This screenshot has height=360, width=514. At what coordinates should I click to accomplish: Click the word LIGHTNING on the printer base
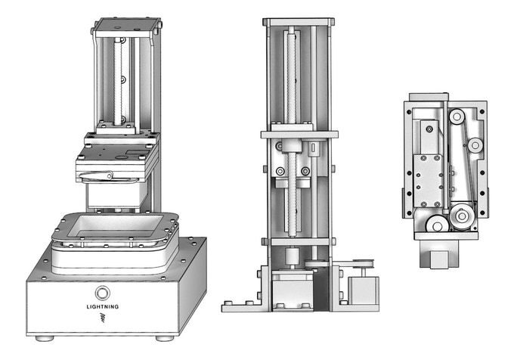pos(103,307)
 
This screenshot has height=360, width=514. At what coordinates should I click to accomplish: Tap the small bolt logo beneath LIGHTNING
pos(103,318)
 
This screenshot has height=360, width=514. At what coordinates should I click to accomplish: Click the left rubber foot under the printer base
pos(45,338)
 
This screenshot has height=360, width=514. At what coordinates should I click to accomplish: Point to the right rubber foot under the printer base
pos(165,338)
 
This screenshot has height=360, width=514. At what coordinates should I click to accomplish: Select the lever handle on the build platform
pos(96,176)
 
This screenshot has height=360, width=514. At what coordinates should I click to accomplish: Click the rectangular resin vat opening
pos(116,226)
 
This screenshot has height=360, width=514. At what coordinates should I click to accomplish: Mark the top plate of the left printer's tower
pos(125,25)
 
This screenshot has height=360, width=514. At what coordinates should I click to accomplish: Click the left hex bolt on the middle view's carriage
pos(280,171)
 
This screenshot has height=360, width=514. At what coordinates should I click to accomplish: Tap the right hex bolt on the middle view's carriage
pos(305,171)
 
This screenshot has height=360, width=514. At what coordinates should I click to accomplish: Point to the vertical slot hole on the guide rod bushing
pos(314,147)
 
